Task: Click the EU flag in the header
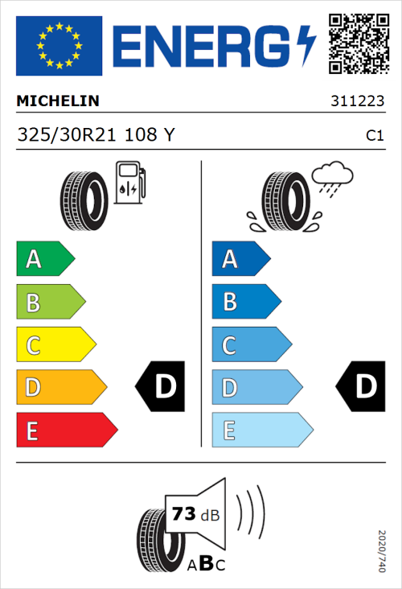(59, 46)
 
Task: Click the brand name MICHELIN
(58, 101)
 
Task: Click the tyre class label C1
(374, 136)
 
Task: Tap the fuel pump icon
(130, 183)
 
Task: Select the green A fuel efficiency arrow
(45, 259)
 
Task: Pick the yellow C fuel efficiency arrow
(55, 345)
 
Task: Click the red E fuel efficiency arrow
(66, 430)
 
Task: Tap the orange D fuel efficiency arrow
(61, 388)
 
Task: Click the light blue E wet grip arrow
(261, 430)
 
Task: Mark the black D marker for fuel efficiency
(161, 387)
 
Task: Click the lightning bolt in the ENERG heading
(306, 46)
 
